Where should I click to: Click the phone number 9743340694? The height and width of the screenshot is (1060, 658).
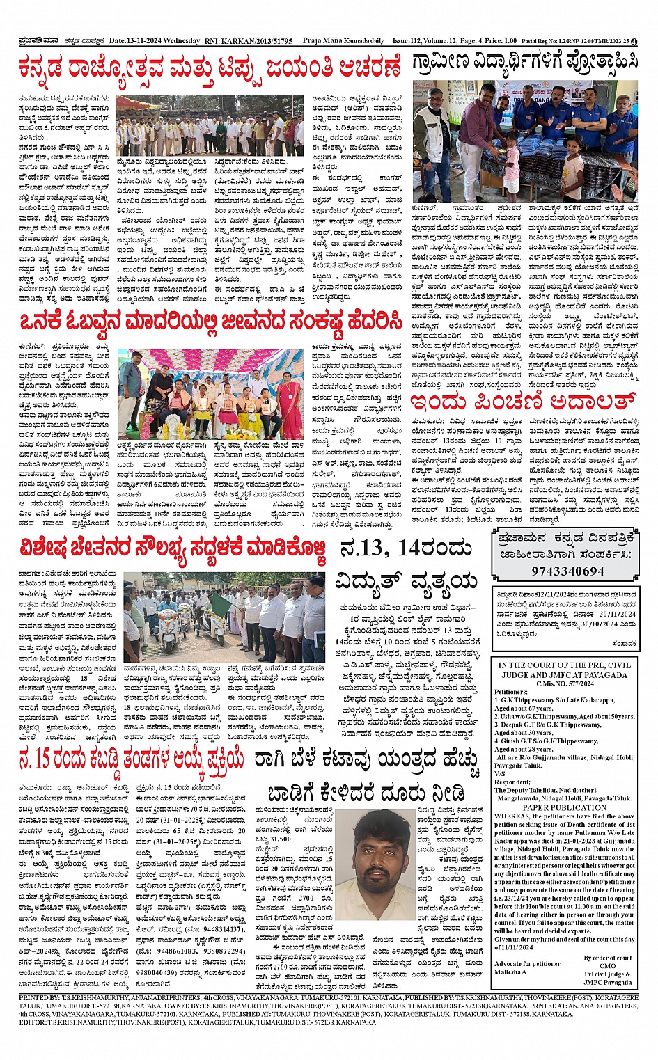tap(567, 571)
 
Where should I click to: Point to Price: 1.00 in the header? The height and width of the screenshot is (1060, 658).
tap(499, 41)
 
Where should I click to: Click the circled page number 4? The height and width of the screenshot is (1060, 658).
tap(644, 41)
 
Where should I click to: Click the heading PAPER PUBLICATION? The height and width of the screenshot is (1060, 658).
tap(565, 807)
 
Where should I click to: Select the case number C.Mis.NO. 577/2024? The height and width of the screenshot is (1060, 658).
tap(565, 684)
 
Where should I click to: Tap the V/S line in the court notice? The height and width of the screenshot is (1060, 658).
tap(500, 773)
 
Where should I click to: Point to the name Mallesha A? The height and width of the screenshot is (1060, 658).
tap(512, 972)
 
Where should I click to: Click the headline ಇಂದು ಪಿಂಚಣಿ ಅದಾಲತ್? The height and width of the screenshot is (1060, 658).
tap(522, 402)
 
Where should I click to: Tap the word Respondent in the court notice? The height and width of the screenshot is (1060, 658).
tap(512, 782)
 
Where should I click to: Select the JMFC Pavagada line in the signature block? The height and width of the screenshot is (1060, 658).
tap(608, 982)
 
